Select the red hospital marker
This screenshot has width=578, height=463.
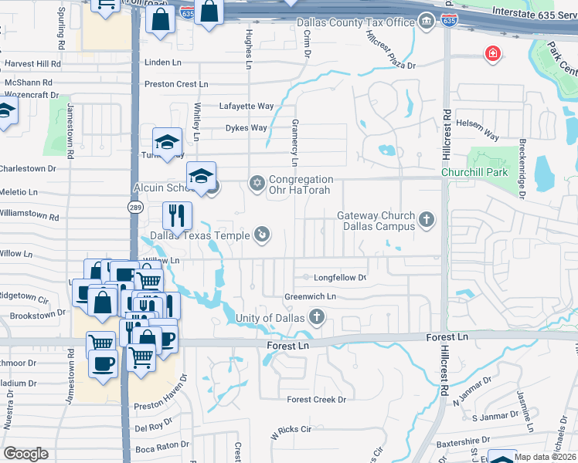pos(491,53)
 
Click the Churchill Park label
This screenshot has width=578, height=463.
pos(474,172)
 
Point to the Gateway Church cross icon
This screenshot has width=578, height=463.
pos(426,221)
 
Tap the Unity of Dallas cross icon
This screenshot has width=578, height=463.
pos(316,317)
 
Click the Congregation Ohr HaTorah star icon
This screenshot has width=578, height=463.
pos(256,184)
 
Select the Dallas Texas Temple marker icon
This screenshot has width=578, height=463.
pos(263,235)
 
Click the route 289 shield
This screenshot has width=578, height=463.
pos(134,207)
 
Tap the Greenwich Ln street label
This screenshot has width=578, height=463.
pos(310,296)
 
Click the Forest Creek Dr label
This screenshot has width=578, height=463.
pos(316,400)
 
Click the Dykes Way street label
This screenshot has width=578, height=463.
pos(246,128)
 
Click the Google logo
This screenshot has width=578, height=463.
pos(25,454)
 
